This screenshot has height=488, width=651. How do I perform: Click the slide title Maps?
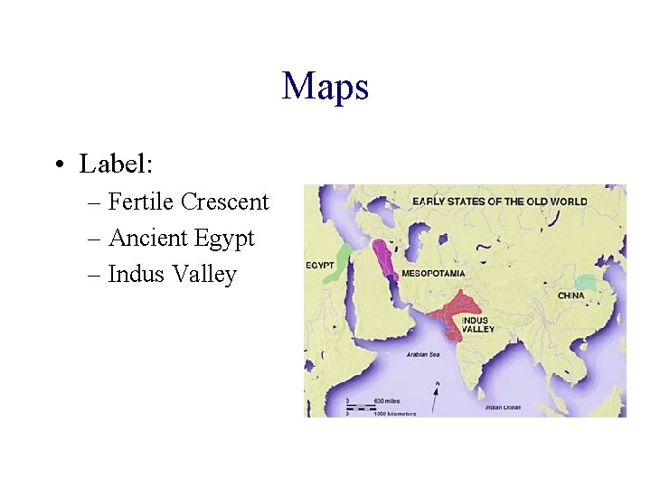[x=325, y=87]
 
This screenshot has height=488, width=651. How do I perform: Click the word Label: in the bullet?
[x=117, y=164]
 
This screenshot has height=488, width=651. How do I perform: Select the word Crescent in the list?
[x=225, y=202]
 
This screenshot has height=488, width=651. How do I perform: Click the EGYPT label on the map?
[x=320, y=265]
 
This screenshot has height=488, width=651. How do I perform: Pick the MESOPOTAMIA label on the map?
[x=433, y=272]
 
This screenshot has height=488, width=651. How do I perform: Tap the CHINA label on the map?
[x=571, y=296]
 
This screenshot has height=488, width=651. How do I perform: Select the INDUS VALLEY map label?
[x=476, y=324]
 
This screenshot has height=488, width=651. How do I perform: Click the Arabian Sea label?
[x=421, y=355]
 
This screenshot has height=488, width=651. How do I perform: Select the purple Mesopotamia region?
[x=385, y=258]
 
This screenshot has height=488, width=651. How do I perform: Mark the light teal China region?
[x=588, y=283]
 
